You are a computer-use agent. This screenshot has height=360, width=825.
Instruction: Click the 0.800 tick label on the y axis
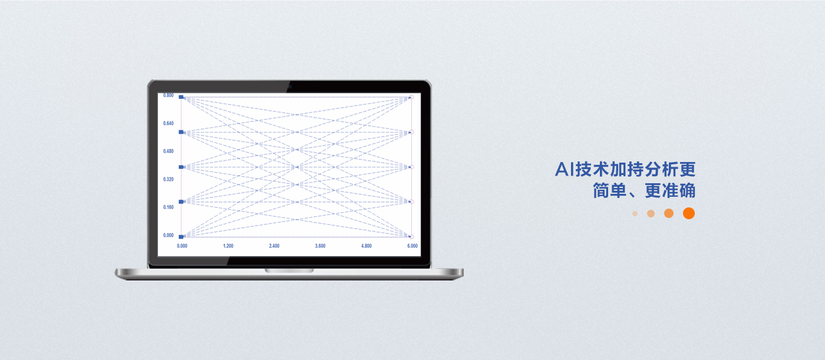tap(169, 95)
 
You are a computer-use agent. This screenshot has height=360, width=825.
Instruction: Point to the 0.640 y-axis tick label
tap(169, 123)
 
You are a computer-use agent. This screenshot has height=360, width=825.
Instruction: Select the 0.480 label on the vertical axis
tap(169, 151)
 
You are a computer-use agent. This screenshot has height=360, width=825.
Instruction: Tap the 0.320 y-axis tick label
tap(169, 179)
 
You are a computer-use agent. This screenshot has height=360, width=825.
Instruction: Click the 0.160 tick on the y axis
tap(169, 207)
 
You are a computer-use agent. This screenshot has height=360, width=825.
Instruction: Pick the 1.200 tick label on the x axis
tap(229, 246)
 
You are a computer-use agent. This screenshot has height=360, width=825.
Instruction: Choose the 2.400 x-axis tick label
tap(274, 246)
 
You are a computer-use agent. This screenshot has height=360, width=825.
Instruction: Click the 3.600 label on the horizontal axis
tap(320, 246)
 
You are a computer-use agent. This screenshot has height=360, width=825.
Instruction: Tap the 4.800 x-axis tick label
tap(366, 246)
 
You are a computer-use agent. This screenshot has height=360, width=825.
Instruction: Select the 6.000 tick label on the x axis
tap(412, 246)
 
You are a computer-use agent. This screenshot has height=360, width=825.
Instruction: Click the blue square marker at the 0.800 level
tap(181, 97)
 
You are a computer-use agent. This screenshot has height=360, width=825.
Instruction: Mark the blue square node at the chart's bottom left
tap(181, 237)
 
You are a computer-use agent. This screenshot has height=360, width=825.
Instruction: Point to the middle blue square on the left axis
tap(181, 167)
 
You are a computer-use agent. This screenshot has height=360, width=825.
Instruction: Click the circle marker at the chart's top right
tap(412, 97)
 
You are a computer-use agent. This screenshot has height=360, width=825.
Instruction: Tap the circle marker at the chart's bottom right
tap(412, 237)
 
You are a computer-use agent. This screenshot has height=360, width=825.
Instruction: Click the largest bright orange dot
tap(689, 213)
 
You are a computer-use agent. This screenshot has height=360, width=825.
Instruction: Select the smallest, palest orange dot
tap(635, 213)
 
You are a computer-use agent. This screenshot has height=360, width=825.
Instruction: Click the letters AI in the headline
tap(565, 169)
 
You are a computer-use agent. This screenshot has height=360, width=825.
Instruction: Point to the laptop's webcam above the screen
tap(289, 87)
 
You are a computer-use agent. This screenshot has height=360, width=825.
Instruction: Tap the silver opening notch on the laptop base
tap(289, 271)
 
